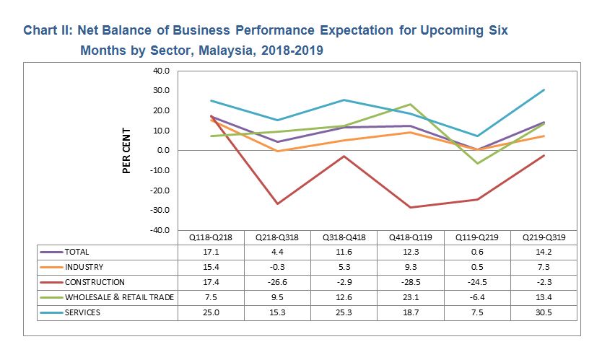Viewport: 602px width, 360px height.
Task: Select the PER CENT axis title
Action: [x=126, y=150]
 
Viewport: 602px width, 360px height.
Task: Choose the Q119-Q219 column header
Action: [x=476, y=237]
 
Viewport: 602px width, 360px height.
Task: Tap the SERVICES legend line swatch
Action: [x=51, y=312]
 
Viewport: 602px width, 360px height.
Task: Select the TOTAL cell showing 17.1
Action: [x=211, y=252]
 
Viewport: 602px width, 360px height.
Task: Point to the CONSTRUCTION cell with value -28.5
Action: [x=410, y=282]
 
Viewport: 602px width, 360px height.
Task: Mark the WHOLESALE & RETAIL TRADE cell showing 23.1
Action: [x=410, y=297]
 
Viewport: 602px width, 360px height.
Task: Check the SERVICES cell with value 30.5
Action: [x=544, y=312]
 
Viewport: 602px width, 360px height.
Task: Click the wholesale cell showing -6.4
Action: [x=476, y=297]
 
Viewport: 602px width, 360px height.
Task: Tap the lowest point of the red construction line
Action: [x=410, y=207]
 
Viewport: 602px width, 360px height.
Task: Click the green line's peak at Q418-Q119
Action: [x=410, y=105]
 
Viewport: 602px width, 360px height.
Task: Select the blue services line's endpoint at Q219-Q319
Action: [x=544, y=90]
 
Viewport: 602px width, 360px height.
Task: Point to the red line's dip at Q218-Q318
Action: [x=277, y=203]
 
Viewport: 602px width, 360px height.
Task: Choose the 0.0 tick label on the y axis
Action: [x=162, y=151]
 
